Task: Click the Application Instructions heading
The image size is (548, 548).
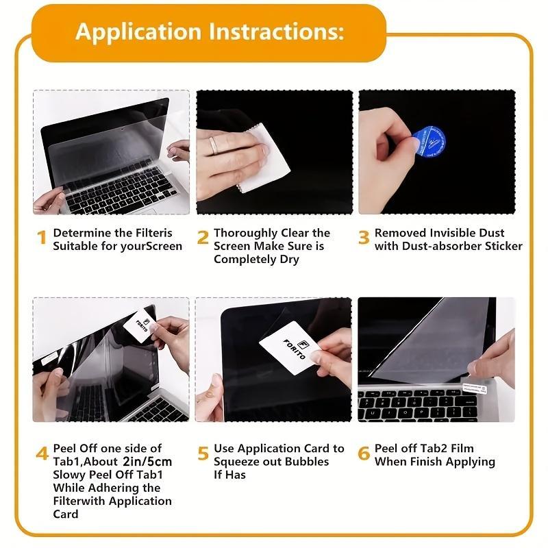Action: [210, 32]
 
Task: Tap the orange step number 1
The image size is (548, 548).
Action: [42, 238]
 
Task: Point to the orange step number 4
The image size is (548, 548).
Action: [42, 454]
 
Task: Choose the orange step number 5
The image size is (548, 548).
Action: [203, 453]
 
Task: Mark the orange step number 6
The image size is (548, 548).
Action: [364, 453]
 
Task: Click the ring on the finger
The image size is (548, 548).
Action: [214, 145]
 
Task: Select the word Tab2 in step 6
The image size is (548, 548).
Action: [432, 449]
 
